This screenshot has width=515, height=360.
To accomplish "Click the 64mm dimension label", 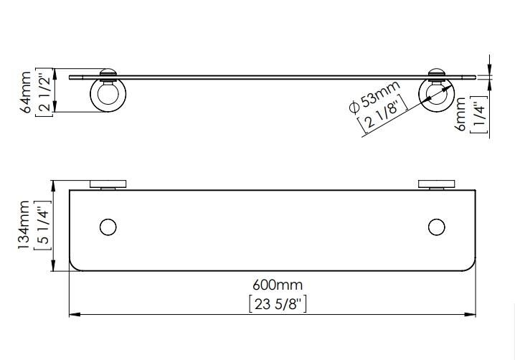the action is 26,93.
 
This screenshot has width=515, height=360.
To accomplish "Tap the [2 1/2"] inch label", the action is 44,93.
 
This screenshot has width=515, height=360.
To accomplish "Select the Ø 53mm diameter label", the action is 374,97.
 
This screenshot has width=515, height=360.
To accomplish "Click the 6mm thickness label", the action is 461,114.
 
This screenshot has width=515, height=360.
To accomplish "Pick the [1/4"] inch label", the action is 478,115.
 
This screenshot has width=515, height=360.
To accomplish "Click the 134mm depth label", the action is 24,225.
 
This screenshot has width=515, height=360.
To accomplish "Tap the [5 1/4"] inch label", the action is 43,226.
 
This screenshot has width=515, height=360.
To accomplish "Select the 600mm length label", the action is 278,285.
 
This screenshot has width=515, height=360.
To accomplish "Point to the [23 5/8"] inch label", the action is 278,304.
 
